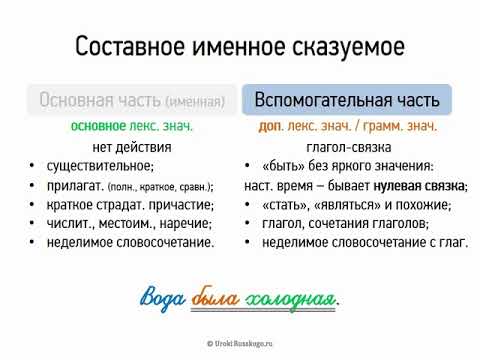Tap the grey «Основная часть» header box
click(131, 100)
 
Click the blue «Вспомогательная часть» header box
click(346, 100)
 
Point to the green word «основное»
click(98, 127)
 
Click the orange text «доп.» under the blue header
click(269, 127)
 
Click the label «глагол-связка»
click(345, 146)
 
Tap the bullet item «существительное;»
click(109, 166)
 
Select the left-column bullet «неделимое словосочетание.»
click(130, 242)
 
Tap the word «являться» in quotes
click(342, 204)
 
